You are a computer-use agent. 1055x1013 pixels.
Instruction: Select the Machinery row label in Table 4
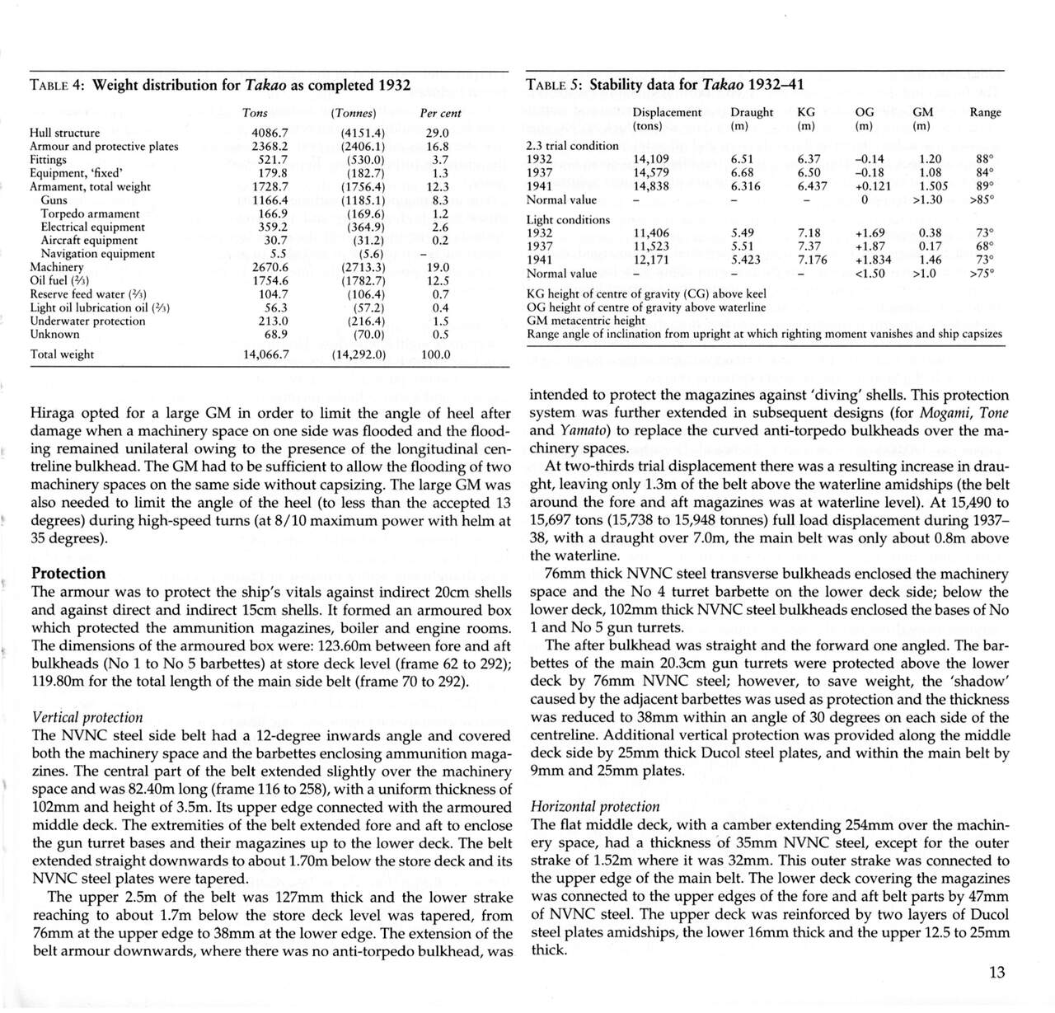point(57,267)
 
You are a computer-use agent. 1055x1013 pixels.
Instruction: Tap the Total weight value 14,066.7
point(265,354)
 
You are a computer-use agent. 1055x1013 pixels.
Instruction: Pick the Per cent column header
point(440,113)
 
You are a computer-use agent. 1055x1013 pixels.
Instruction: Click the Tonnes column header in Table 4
point(353,113)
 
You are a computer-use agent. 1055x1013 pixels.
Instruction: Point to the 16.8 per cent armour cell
point(439,147)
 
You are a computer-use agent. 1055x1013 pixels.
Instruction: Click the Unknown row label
point(54,334)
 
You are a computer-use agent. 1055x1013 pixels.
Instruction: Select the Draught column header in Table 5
point(752,112)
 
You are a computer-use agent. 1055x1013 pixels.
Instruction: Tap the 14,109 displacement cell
point(651,159)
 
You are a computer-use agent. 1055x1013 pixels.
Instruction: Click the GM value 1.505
point(934,186)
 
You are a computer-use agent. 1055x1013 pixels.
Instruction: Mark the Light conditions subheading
point(568,220)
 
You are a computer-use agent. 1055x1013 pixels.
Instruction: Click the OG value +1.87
point(872,246)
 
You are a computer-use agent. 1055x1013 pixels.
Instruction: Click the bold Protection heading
point(68,573)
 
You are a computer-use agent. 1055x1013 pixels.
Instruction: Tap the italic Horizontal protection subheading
point(595,806)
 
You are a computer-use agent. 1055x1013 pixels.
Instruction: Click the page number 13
point(996,973)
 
